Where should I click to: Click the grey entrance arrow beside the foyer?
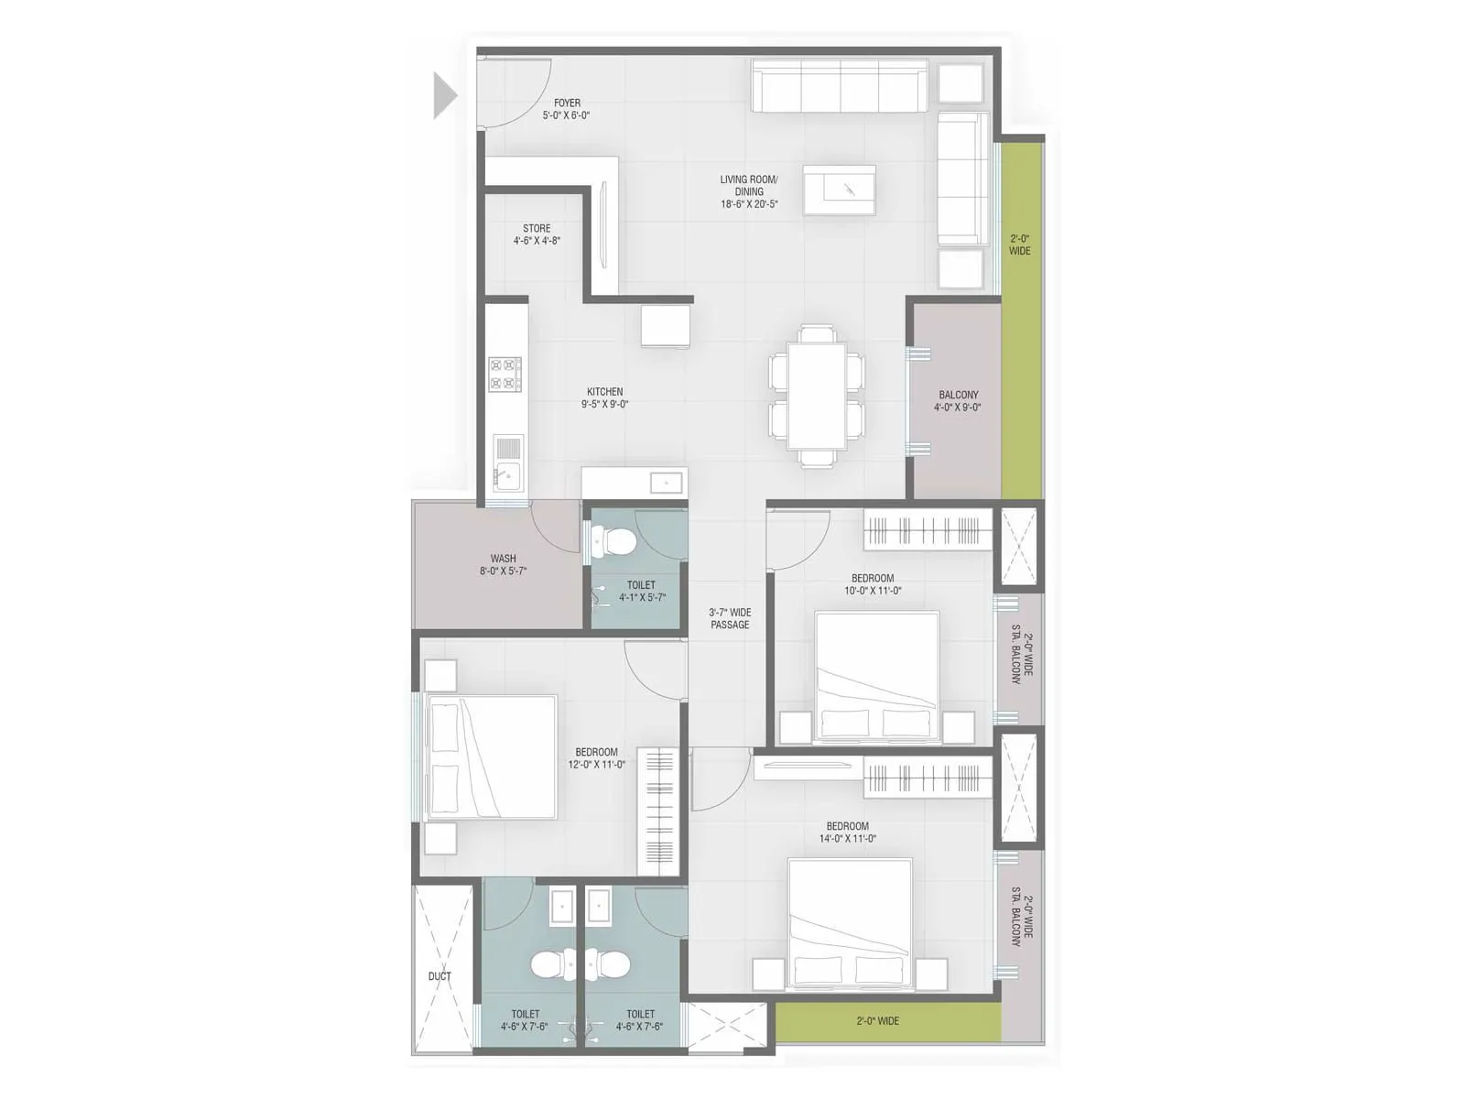[444, 95]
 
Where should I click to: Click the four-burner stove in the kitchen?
[505, 374]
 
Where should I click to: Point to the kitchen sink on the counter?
[506, 475]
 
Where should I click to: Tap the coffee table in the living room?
[839, 190]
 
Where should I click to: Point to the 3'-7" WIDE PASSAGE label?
[730, 618]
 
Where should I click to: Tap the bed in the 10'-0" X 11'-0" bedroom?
[876, 676]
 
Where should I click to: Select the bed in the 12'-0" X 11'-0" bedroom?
[493, 756]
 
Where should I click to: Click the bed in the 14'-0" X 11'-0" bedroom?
[850, 924]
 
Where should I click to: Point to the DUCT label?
[439, 976]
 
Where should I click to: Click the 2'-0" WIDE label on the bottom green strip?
[877, 1020]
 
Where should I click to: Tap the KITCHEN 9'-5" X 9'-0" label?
[605, 397]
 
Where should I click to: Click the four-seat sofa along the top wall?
[840, 87]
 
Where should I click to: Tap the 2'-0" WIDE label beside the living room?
[1019, 245]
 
